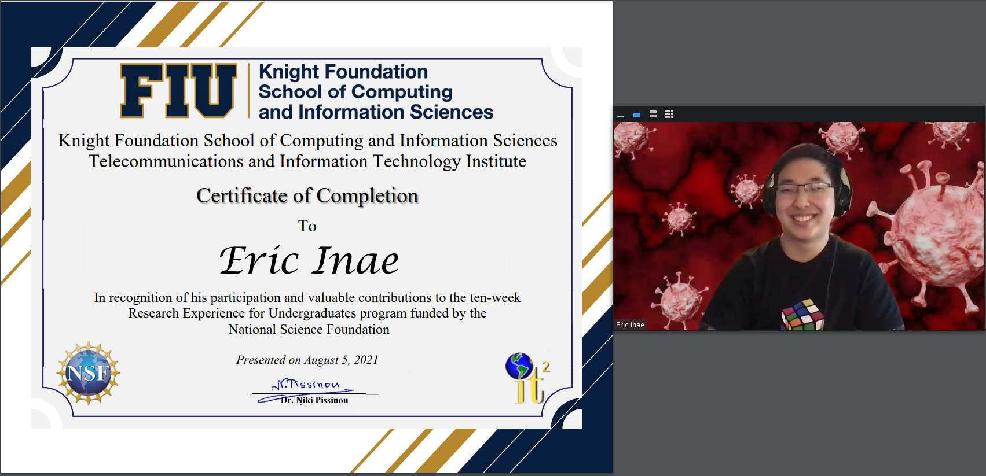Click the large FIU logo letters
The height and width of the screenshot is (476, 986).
(178, 91)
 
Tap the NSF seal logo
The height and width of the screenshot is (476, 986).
(89, 372)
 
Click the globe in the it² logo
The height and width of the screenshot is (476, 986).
(519, 366)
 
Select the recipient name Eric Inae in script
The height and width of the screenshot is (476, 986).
(309, 261)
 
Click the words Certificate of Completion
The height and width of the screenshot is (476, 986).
(307, 195)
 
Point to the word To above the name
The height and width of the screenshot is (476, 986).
(307, 226)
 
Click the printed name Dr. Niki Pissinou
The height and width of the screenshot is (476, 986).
(314, 400)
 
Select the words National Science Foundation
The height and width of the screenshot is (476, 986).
(309, 329)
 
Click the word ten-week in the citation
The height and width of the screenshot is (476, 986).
(495, 297)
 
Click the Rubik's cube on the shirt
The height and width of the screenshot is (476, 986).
(803, 315)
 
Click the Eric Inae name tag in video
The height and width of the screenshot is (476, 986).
(630, 325)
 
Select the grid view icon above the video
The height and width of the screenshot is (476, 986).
(669, 115)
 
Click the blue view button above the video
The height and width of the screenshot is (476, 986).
(636, 115)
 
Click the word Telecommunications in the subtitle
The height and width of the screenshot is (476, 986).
(166, 161)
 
